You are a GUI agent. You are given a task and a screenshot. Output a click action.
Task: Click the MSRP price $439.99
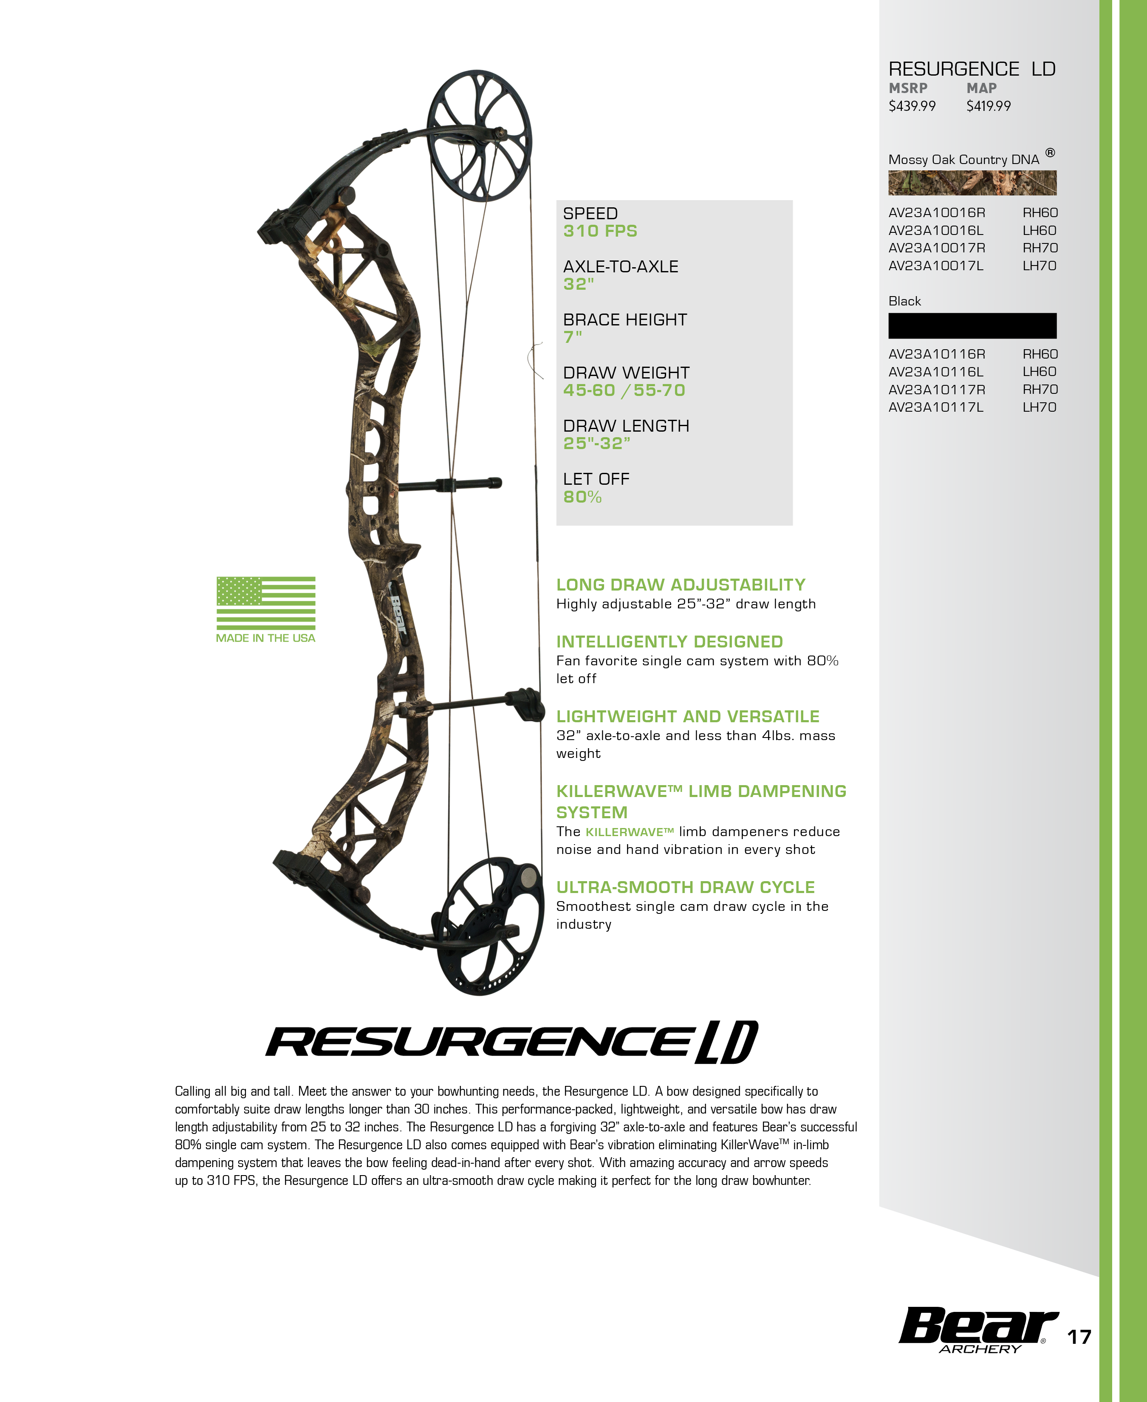912,106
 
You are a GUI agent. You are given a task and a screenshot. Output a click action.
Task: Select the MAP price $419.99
989,106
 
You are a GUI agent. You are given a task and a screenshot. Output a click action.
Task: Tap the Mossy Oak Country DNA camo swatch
972,182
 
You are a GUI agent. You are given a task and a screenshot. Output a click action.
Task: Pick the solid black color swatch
972,326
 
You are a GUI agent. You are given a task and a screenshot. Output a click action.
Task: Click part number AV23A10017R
936,248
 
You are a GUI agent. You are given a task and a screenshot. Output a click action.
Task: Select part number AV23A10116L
935,371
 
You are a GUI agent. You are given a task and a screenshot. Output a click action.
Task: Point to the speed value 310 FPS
600,231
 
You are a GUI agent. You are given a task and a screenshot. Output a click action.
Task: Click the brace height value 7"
572,337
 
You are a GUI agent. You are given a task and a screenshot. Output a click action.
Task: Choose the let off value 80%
582,497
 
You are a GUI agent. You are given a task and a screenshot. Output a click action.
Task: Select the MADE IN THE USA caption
266,638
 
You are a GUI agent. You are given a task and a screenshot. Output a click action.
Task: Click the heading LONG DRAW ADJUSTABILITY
681,585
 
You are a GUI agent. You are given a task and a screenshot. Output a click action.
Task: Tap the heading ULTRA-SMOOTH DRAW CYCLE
685,888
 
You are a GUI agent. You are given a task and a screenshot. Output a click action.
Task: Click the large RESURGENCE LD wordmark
511,1042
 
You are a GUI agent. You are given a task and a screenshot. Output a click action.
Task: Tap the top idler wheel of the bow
480,136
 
